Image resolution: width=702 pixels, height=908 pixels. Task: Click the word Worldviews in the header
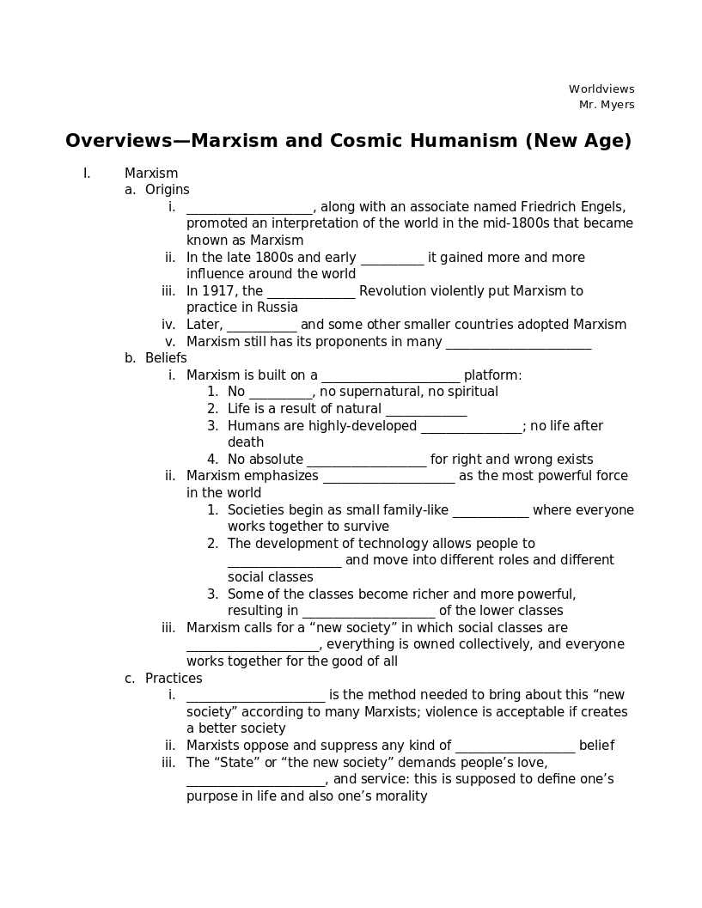click(x=601, y=89)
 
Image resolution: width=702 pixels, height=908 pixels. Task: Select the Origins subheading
click(x=168, y=190)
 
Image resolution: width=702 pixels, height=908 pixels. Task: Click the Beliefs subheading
click(x=166, y=358)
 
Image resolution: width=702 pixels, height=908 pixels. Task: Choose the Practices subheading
click(x=174, y=679)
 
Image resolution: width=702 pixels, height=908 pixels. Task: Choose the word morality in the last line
click(x=399, y=796)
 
